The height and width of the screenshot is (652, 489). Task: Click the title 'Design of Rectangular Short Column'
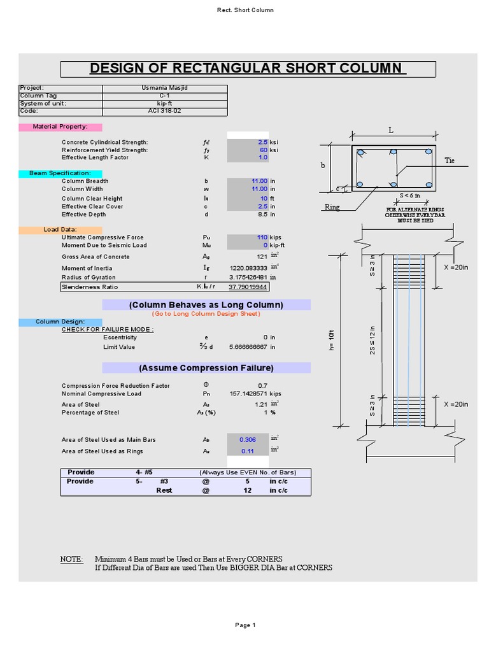point(248,69)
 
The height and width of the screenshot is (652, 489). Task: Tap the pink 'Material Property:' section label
point(60,127)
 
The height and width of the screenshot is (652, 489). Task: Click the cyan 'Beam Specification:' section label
point(60,173)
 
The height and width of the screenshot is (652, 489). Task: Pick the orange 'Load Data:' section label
point(60,229)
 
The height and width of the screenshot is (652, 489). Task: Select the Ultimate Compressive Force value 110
point(262,237)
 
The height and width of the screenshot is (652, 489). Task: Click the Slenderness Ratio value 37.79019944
point(248,287)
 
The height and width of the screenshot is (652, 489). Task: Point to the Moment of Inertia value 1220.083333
point(248,269)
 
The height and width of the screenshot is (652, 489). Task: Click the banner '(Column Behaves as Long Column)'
point(206,305)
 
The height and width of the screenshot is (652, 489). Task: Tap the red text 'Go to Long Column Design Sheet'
point(206,314)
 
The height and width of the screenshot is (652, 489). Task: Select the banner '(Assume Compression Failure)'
point(206,368)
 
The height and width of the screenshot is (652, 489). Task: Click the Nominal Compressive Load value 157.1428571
point(248,394)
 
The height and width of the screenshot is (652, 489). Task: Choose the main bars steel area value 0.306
point(247,440)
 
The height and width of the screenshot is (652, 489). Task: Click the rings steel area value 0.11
point(247,451)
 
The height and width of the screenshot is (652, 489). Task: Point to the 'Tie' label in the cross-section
point(450,161)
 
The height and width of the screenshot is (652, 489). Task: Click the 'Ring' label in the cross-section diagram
point(332,207)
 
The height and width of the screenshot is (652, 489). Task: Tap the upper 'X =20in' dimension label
point(455,268)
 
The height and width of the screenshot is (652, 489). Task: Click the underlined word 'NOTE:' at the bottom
point(71,559)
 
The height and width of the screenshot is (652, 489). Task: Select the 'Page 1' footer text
point(244,625)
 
